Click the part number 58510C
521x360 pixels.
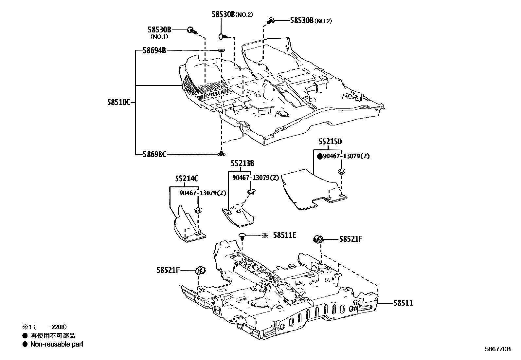point(118,102)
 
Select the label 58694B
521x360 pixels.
point(154,50)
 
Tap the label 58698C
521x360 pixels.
point(154,154)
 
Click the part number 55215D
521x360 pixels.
point(330,142)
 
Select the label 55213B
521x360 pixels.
point(242,163)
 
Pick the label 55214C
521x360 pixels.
point(187,179)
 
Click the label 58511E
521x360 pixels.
point(284,235)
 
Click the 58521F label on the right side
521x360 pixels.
point(351,239)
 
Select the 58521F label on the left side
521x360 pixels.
point(168,270)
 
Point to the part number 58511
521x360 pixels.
point(403,303)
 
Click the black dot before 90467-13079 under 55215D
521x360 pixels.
point(320,157)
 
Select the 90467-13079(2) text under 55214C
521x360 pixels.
point(203,193)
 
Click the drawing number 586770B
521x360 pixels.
point(497,349)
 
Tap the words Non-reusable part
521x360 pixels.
point(57,344)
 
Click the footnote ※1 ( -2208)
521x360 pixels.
point(44,327)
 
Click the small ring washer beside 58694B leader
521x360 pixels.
point(222,50)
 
